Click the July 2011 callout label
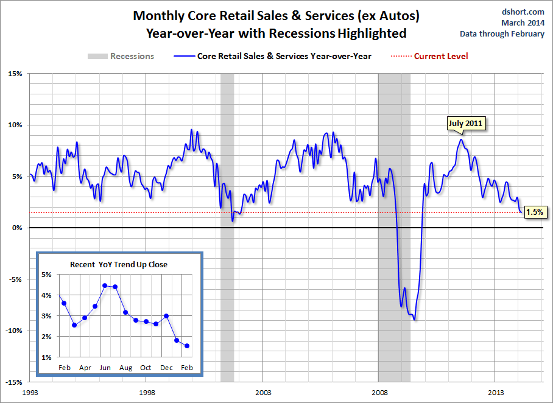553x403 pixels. click(x=465, y=124)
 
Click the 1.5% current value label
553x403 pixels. click(x=535, y=212)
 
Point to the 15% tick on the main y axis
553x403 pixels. click(x=15, y=74)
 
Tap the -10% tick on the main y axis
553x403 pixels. click(x=13, y=331)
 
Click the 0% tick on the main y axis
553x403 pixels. click(x=16, y=228)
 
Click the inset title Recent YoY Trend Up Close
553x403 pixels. click(x=118, y=264)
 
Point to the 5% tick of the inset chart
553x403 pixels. click(x=46, y=275)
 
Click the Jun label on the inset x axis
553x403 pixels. click(x=105, y=368)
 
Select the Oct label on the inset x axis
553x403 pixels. click(x=146, y=368)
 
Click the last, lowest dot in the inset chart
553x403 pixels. click(x=187, y=346)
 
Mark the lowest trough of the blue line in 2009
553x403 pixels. click(x=415, y=320)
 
